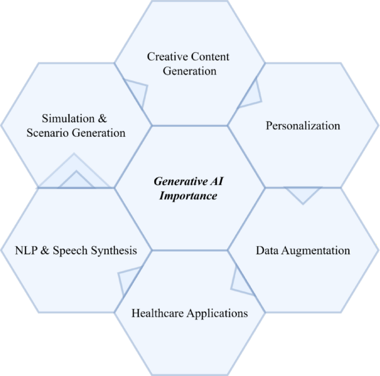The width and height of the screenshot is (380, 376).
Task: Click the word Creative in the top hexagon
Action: click(x=165, y=57)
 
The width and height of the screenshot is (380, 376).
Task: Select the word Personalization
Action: click(x=303, y=126)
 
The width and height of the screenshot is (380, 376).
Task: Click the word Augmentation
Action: click(x=316, y=250)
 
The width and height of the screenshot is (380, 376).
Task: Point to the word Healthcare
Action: click(x=158, y=313)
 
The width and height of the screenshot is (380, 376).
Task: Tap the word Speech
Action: click(x=72, y=250)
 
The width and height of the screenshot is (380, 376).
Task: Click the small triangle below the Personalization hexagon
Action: click(x=303, y=193)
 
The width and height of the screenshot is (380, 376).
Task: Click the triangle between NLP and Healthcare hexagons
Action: click(x=128, y=280)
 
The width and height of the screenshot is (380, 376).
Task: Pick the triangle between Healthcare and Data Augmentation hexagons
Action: click(x=240, y=281)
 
